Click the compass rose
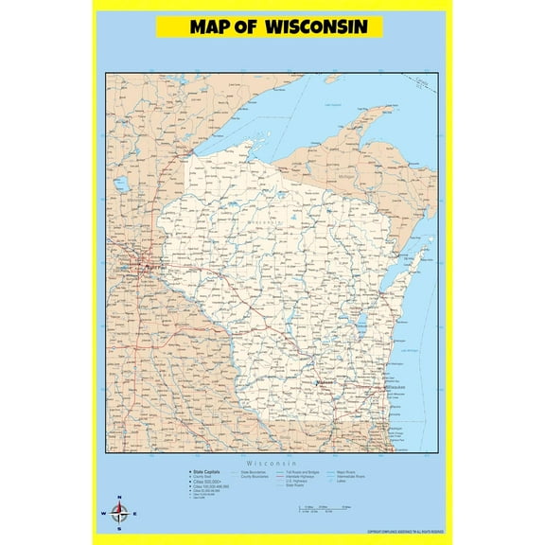119,514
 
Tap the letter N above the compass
119,498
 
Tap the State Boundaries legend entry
255,470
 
